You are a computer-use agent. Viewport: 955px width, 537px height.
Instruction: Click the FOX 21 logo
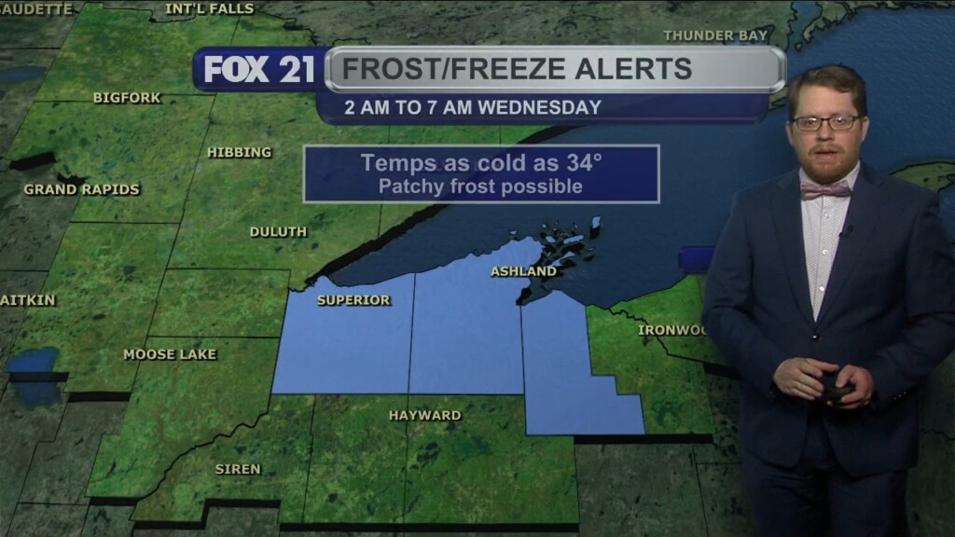point(258,70)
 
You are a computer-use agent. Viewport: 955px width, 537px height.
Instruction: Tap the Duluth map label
point(278,232)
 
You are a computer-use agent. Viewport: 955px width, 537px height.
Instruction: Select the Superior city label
point(353,300)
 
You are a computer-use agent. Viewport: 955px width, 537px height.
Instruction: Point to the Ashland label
point(523,272)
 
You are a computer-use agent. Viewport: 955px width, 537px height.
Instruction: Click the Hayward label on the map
point(424,415)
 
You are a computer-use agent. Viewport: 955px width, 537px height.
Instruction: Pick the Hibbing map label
point(240,152)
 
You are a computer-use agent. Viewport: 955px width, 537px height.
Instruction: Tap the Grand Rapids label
point(82,189)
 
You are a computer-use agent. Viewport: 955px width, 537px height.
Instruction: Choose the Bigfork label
point(127,98)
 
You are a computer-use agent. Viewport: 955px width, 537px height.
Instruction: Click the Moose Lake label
point(170,354)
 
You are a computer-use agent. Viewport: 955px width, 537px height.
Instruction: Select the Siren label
point(238,469)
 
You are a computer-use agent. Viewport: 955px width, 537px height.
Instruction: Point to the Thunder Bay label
point(715,36)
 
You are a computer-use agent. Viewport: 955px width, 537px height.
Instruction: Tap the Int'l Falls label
point(209,8)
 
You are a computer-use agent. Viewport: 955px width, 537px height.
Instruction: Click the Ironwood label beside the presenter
point(670,330)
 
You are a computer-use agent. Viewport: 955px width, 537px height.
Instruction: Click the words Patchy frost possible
point(480,186)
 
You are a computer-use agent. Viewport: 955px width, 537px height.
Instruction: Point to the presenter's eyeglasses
point(826,122)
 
